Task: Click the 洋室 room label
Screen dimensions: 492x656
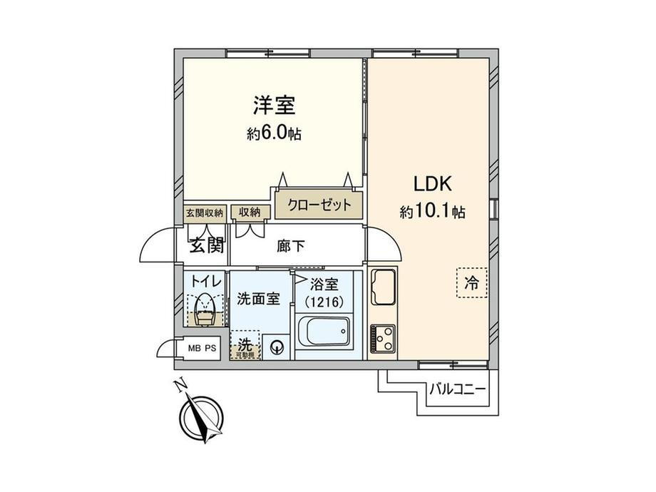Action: tap(274, 106)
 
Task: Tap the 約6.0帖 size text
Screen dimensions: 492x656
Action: tap(274, 133)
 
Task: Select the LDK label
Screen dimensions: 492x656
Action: tap(433, 183)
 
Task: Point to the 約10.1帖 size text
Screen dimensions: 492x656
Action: tap(432, 212)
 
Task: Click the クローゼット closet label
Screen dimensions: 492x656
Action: tap(319, 205)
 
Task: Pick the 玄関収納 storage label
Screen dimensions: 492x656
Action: tap(205, 212)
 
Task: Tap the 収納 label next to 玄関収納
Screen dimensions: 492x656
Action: tap(250, 212)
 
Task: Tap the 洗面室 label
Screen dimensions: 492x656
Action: tap(258, 299)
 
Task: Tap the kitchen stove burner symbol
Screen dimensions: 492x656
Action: tap(384, 337)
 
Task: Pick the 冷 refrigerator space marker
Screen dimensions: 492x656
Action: tap(471, 282)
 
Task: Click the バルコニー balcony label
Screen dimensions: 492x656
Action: tap(457, 390)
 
